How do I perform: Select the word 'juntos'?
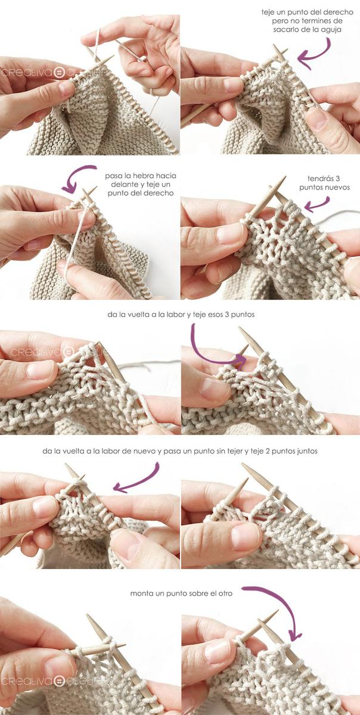(303, 451)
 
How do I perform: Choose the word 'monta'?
(141, 593)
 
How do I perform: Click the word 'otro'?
(224, 593)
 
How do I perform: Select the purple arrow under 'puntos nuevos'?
(317, 204)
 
